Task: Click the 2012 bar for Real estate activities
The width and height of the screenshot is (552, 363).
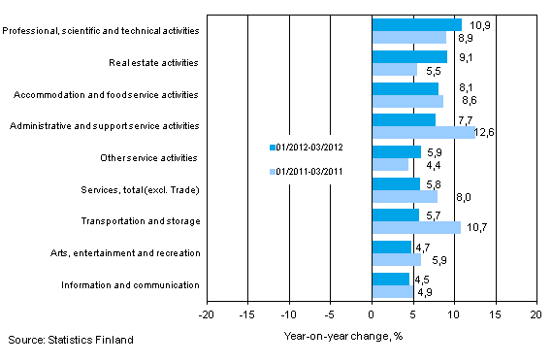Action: pyautogui.click(x=408, y=57)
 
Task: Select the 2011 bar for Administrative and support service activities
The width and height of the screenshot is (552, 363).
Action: pyautogui.click(x=423, y=132)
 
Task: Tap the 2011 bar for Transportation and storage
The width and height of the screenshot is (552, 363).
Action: pyautogui.click(x=415, y=227)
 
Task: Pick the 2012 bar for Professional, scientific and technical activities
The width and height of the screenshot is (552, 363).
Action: pyautogui.click(x=416, y=25)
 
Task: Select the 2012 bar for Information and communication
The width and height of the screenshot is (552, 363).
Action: pyautogui.click(x=390, y=279)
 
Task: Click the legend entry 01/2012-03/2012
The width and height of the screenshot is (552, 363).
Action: pyautogui.click(x=308, y=148)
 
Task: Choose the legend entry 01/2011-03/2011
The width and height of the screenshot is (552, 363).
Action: pyautogui.click(x=308, y=172)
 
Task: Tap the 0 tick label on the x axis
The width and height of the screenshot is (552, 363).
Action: pyautogui.click(x=372, y=316)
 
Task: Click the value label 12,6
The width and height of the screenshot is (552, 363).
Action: pyautogui.click(x=486, y=132)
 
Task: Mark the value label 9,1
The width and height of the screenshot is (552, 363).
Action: pyautogui.click(x=459, y=56)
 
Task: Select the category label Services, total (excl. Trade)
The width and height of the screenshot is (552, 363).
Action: pyautogui.click(x=146, y=189)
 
